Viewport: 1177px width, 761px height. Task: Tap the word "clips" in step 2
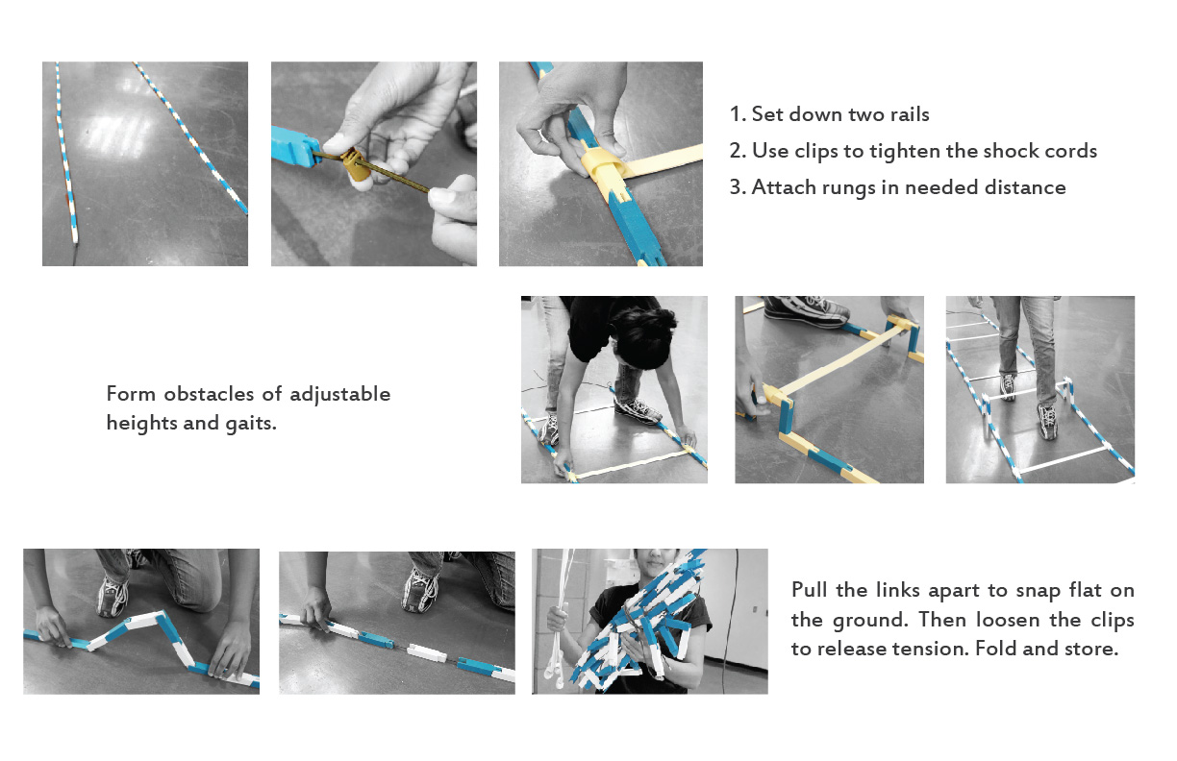[816, 151]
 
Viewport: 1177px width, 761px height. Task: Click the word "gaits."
[251, 424]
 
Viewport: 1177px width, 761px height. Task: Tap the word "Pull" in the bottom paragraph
[810, 590]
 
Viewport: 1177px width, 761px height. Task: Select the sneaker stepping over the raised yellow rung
[807, 310]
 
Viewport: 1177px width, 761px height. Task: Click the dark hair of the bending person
[642, 337]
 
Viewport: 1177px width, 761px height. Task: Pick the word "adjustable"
[340, 394]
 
